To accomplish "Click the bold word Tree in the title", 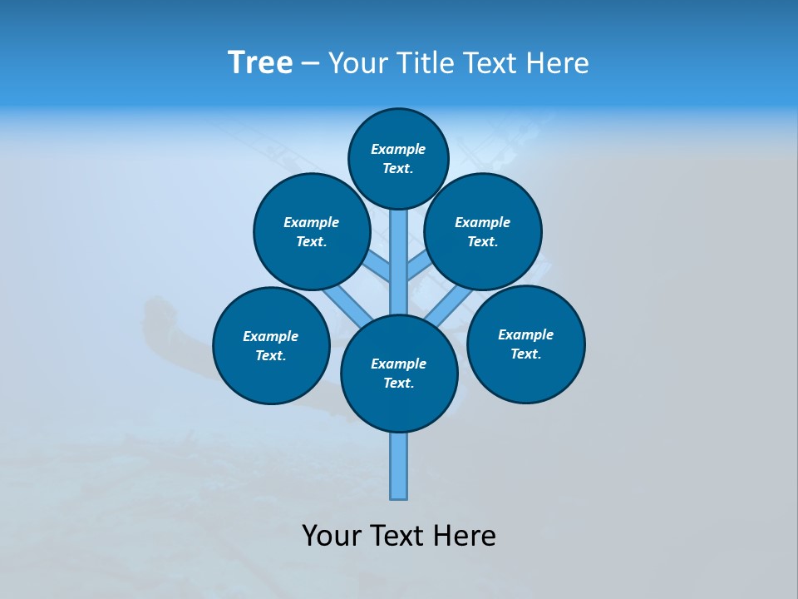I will pos(260,62).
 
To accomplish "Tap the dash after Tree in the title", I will pos(310,64).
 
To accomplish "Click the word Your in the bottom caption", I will pos(332,536).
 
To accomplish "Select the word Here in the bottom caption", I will pos(465,536).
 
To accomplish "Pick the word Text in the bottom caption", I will pos(397,536).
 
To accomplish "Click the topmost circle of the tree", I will pos(398,158).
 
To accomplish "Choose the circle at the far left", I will pos(271,345).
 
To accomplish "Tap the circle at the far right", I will pos(525,344).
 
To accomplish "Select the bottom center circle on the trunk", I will pos(399,373).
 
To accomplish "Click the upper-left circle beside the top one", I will pos(311,231).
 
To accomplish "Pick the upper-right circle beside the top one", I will pos(482,231).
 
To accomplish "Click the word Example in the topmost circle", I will pos(398,149).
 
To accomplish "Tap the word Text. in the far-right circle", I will pos(525,354).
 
